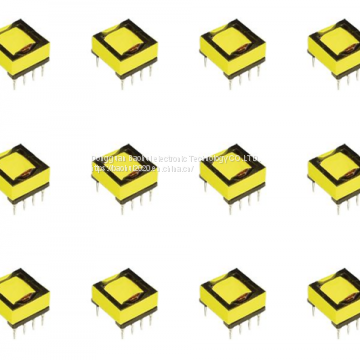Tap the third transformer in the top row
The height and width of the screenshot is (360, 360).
pyautogui.click(x=232, y=50)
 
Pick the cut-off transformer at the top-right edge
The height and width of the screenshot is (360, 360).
pyautogui.click(x=336, y=50)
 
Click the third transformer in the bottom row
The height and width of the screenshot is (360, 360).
pyautogui.click(x=232, y=295)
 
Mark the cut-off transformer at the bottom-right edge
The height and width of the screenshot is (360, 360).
pyautogui.click(x=336, y=295)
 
